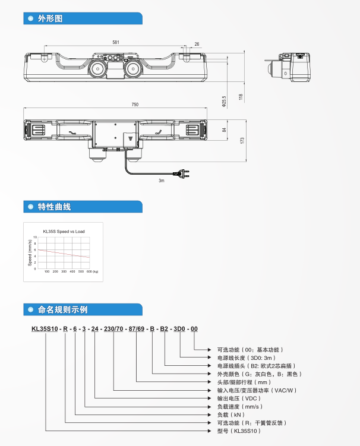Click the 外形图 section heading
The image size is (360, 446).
click(50, 18)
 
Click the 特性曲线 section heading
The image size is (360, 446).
click(54, 207)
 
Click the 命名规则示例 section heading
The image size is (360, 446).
click(62, 309)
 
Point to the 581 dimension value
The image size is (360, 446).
click(115, 42)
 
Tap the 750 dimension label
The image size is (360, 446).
click(135, 105)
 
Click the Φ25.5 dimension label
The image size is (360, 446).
click(224, 101)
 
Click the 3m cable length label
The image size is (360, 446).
click(161, 181)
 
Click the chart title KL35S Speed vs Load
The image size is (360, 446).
click(64, 230)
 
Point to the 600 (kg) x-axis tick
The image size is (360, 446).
click(91, 271)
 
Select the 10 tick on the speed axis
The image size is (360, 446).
click(35, 236)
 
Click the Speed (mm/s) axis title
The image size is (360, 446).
click(30, 252)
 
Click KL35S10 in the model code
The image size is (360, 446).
click(45, 328)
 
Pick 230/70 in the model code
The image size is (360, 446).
click(113, 328)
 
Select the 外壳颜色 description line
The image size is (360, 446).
click(260, 374)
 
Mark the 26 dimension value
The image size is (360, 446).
click(197, 44)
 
